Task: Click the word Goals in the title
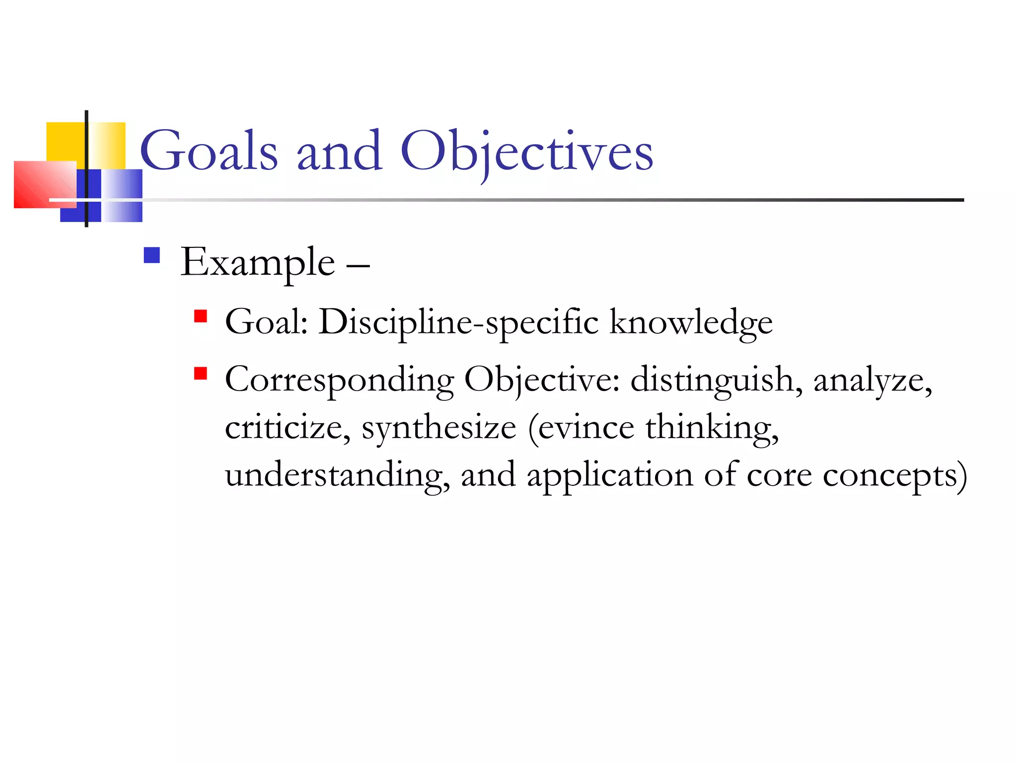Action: (x=209, y=151)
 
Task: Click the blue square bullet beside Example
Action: (x=151, y=255)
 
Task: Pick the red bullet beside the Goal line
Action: (x=200, y=316)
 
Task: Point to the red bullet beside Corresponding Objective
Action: (x=200, y=374)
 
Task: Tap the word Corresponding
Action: (x=339, y=381)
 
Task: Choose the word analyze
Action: (x=872, y=381)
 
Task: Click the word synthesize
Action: (x=438, y=428)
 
